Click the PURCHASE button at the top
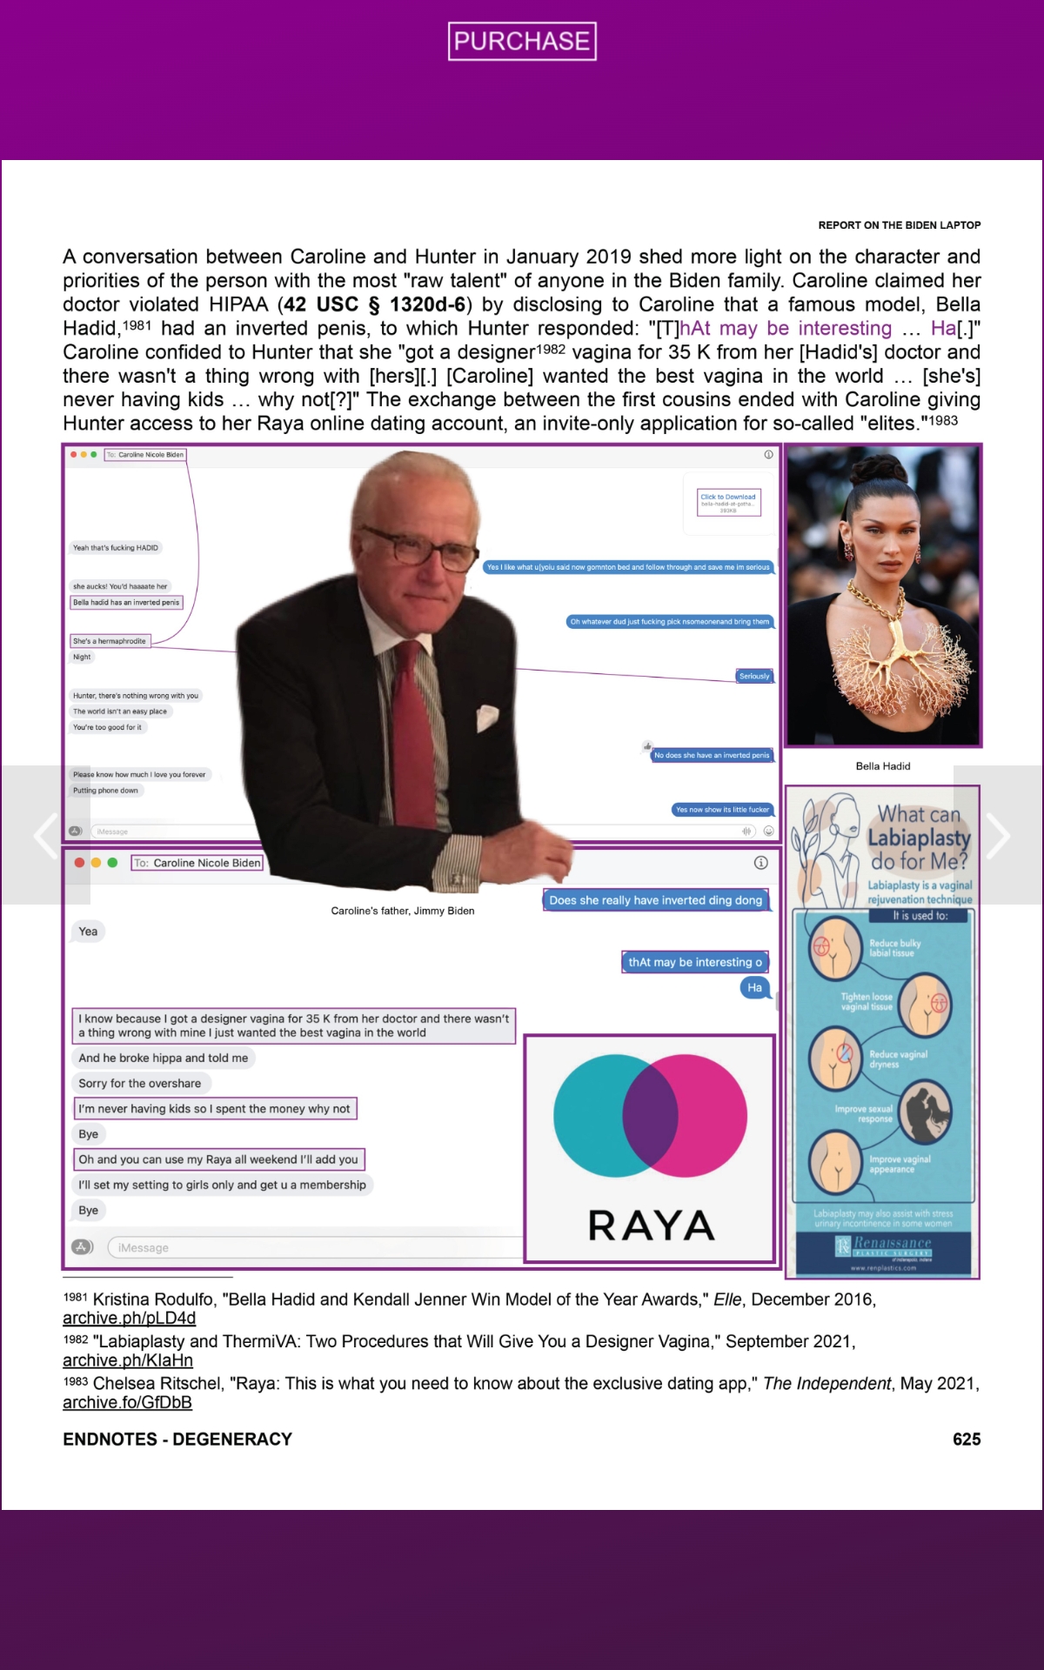[x=522, y=41]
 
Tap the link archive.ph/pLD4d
[x=129, y=1319]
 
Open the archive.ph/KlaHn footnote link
[x=128, y=1360]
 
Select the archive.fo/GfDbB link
[x=127, y=1402]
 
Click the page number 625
[x=966, y=1440]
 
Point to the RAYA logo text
[x=651, y=1226]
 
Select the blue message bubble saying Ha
[x=754, y=987]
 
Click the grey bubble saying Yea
[x=88, y=932]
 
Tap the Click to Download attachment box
[x=728, y=502]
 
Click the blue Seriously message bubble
[x=754, y=676]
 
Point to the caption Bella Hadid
[x=883, y=766]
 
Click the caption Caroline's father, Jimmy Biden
[x=403, y=911]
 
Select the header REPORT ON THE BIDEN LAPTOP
[x=899, y=225]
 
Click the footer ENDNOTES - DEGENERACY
[x=177, y=1440]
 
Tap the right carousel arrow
[x=998, y=835]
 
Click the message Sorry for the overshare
[x=139, y=1084]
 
